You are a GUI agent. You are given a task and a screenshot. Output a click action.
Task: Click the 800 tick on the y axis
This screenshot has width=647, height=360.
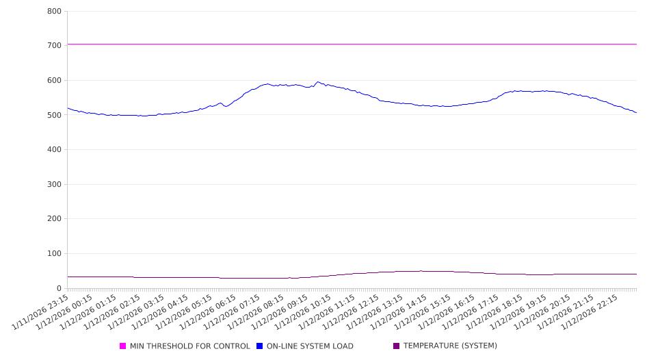[x=55, y=11]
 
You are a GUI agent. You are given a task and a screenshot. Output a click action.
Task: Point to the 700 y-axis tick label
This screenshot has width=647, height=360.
[x=55, y=45]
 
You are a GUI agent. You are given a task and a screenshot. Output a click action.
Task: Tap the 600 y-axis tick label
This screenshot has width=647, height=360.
[x=55, y=80]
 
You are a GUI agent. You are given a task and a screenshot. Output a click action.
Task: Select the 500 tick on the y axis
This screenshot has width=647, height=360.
[x=55, y=115]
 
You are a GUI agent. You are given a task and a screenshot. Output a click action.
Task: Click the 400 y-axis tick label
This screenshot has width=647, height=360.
[x=55, y=149]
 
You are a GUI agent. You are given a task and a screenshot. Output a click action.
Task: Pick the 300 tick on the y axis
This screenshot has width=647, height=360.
[x=55, y=184]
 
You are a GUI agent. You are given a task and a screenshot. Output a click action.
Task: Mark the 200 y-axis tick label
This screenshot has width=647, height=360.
[x=55, y=219]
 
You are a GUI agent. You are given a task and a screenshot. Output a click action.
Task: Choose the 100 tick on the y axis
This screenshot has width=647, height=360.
[x=55, y=253]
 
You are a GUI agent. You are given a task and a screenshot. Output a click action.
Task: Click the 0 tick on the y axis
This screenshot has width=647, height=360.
[x=60, y=288]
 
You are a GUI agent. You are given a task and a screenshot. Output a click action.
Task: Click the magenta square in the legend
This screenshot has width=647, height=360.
[x=123, y=346]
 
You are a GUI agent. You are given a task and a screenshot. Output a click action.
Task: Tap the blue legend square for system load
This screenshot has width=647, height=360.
[x=260, y=346]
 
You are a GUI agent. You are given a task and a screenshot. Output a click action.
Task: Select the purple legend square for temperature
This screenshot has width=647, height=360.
[x=397, y=346]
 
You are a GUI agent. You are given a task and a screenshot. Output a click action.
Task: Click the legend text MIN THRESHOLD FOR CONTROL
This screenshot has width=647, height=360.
[x=190, y=346]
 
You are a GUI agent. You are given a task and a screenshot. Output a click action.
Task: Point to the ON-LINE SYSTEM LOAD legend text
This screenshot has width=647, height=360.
[x=310, y=346]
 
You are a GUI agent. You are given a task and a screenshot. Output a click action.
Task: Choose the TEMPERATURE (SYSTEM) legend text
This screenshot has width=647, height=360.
[x=450, y=346]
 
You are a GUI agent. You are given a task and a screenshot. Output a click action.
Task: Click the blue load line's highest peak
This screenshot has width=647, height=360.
[x=317, y=82]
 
